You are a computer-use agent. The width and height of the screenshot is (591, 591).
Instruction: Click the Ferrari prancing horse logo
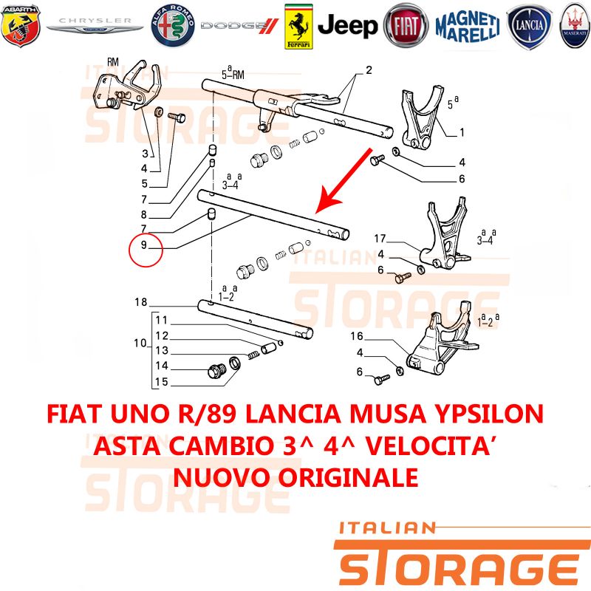pyautogui.click(x=298, y=27)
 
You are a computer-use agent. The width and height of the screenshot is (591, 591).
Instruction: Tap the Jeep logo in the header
pyautogui.click(x=347, y=25)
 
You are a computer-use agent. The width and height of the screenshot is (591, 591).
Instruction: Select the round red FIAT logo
pyautogui.click(x=406, y=26)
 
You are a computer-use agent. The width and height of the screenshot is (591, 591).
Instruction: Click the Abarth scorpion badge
pyautogui.click(x=21, y=26)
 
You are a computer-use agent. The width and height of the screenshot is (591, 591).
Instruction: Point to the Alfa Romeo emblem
pyautogui.click(x=173, y=26)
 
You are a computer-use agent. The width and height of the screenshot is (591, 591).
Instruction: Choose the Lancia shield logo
pyautogui.click(x=529, y=26)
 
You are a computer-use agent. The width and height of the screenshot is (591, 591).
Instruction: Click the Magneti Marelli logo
pyautogui.click(x=468, y=26)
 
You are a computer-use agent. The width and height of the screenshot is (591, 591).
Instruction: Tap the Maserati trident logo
pyautogui.click(x=575, y=26)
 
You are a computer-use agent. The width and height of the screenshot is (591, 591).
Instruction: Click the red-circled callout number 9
pyautogui.click(x=144, y=245)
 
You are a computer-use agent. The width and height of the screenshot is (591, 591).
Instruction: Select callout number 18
pyautogui.click(x=141, y=302)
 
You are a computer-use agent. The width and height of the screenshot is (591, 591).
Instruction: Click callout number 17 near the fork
pyautogui.click(x=380, y=238)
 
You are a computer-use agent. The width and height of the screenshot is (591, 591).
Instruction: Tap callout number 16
pyautogui.click(x=357, y=336)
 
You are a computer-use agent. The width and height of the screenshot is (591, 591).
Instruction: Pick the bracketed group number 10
pyautogui.click(x=140, y=343)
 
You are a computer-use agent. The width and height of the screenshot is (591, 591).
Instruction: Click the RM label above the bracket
pyautogui.click(x=113, y=62)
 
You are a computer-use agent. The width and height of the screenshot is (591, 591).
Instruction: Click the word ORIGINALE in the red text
pyautogui.click(x=349, y=477)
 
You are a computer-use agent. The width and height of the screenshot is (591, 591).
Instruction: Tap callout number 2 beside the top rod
pyautogui.click(x=369, y=70)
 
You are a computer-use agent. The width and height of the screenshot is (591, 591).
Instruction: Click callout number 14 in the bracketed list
pyautogui.click(x=162, y=365)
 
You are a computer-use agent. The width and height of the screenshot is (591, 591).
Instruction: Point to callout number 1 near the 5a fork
pyautogui.click(x=462, y=132)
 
